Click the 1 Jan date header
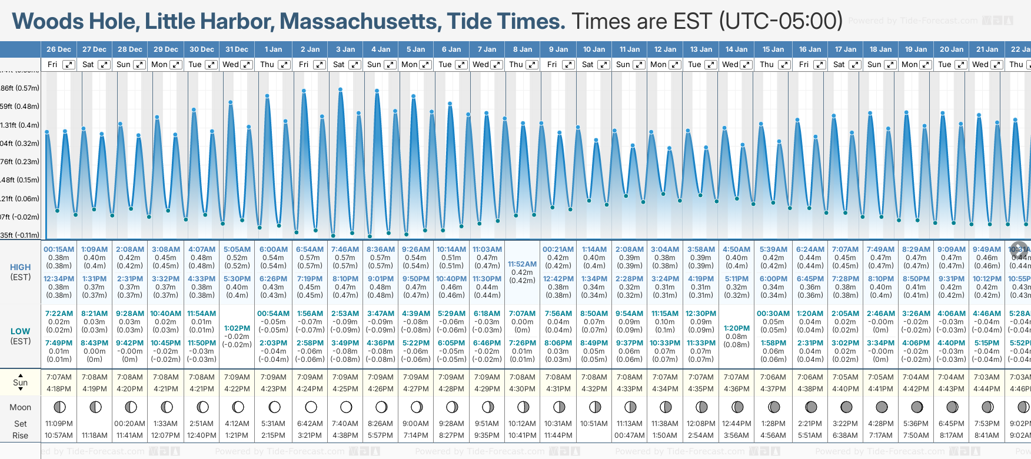(x=273, y=49)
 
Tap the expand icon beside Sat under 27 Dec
(x=104, y=65)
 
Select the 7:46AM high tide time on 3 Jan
(x=345, y=250)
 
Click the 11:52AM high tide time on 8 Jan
(x=522, y=264)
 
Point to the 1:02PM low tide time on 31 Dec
(x=237, y=328)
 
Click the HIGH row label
(x=21, y=267)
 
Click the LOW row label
(x=21, y=331)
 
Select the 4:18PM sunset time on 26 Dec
(x=59, y=389)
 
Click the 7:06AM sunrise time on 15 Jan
(x=773, y=377)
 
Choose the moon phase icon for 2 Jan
(x=311, y=407)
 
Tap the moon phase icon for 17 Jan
(x=846, y=407)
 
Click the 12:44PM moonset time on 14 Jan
(x=737, y=424)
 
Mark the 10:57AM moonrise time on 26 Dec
(x=59, y=435)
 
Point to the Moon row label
(x=21, y=407)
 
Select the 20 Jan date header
(x=952, y=49)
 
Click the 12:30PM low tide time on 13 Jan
(x=701, y=314)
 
